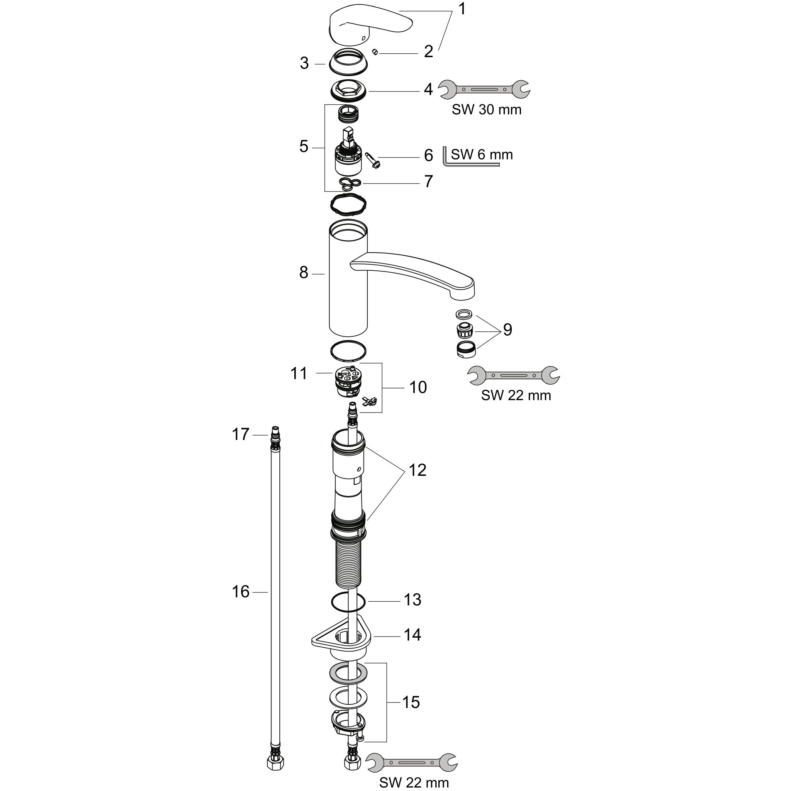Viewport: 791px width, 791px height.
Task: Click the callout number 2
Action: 428,52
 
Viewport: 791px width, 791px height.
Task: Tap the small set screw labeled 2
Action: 374,52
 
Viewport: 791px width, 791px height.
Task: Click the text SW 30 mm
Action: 486,109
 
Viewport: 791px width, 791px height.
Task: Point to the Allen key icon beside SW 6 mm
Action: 471,157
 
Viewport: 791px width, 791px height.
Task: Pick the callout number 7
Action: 428,181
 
